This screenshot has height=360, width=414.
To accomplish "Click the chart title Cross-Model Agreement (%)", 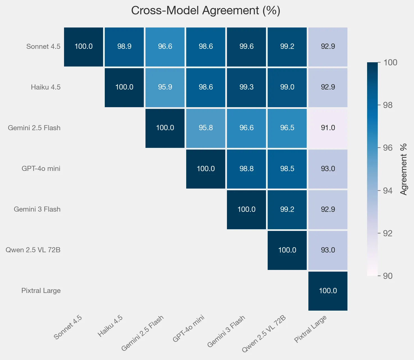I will pyautogui.click(x=206, y=11).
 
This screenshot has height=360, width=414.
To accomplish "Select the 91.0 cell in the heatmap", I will pyautogui.click(x=328, y=128).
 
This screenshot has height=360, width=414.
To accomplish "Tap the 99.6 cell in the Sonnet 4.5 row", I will pyautogui.click(x=246, y=47).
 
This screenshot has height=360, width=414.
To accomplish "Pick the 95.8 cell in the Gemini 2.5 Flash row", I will pyautogui.click(x=206, y=128).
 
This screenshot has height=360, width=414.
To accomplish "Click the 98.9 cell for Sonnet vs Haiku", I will pyautogui.click(x=124, y=47).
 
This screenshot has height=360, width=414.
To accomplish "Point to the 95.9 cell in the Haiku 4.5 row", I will pyautogui.click(x=165, y=87).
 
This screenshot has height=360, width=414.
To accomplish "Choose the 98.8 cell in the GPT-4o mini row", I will pyautogui.click(x=246, y=169).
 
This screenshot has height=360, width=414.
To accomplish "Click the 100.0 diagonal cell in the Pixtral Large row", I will pyautogui.click(x=328, y=291).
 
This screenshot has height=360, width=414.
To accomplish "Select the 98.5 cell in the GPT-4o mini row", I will pyautogui.click(x=287, y=169).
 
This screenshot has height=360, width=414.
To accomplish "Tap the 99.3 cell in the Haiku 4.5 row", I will pyautogui.click(x=246, y=87).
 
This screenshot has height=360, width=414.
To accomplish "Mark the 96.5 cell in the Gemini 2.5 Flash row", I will pyautogui.click(x=287, y=128).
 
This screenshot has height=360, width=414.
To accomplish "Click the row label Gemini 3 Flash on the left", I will pyautogui.click(x=37, y=209).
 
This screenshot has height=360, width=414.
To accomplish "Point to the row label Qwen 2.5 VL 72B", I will pyautogui.click(x=33, y=250).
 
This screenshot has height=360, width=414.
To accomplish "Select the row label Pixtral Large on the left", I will pyautogui.click(x=41, y=291).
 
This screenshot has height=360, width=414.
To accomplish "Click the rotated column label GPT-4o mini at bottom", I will pyautogui.click(x=188, y=329).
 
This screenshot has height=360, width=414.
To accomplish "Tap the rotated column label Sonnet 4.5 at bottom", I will pyautogui.click(x=68, y=327).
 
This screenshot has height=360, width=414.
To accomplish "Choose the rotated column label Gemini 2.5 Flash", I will pyautogui.click(x=142, y=333).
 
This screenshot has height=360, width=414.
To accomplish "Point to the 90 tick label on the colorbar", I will pyautogui.click(x=388, y=276).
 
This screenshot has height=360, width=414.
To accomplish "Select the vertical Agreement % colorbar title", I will pyautogui.click(x=404, y=169).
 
